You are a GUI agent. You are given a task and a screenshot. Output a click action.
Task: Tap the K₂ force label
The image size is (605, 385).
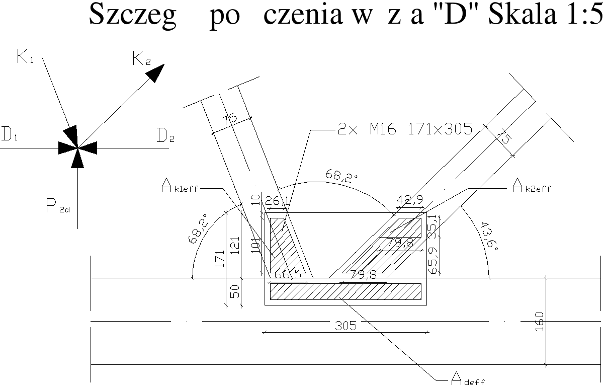141,59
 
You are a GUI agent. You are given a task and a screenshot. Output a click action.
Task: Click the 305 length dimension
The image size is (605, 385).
345,326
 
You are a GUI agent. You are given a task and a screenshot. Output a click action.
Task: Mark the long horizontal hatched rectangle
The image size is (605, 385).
345,291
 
